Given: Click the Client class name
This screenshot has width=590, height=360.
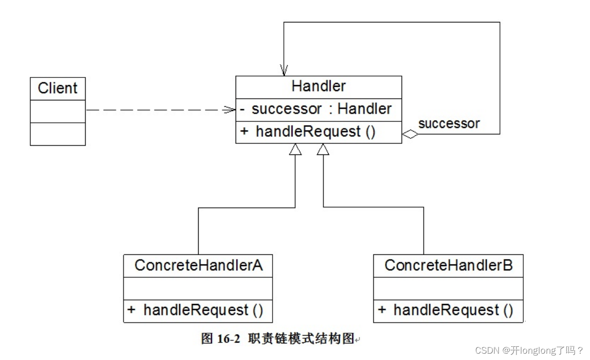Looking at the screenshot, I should pos(57,88).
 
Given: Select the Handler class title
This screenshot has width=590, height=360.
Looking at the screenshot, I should pos(318,86).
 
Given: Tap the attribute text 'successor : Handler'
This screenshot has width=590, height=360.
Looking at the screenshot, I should pos(321,109).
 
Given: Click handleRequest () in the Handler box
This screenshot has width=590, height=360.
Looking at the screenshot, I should pos(315,132).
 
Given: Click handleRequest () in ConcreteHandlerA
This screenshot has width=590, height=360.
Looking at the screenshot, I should pos(203,310).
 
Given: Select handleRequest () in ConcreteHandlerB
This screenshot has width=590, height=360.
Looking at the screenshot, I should pos(453,310).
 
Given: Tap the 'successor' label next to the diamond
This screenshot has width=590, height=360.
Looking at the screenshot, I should pos(448,123).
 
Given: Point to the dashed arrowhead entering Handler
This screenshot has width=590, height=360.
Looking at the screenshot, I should pos(230,110).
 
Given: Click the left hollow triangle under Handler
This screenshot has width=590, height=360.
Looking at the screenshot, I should pos(295,150).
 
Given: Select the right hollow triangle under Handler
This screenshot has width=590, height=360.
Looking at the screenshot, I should pos(323,150).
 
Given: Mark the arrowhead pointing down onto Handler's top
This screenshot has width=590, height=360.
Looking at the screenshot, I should pos(284,71).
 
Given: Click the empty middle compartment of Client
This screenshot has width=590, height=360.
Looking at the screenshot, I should pos(57,111).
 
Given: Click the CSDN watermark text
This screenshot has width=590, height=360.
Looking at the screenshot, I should pos(529,350).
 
